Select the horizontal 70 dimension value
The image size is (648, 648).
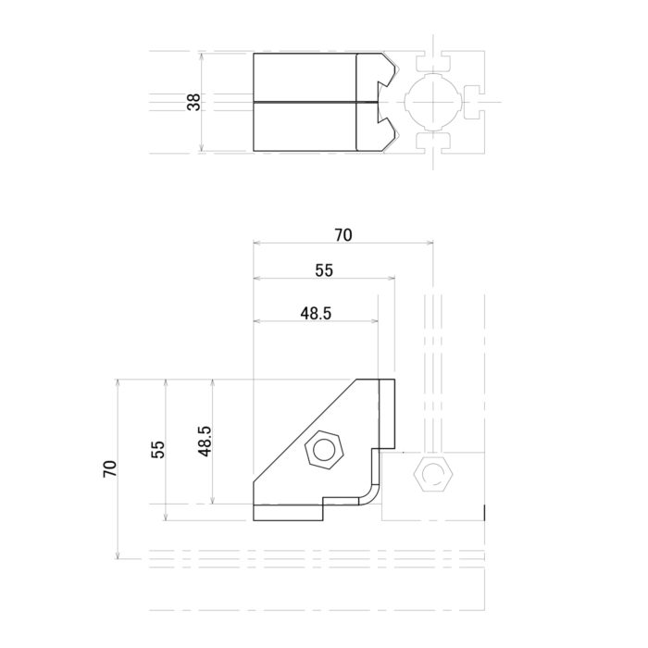[x=343, y=235]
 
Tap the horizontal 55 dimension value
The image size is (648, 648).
[x=323, y=270]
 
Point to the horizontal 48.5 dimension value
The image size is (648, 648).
[x=315, y=313]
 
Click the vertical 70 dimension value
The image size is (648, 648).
[x=110, y=468]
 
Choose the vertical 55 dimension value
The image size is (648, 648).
[x=157, y=449]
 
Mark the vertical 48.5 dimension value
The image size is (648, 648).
[x=205, y=441]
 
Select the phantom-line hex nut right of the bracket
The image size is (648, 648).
[x=431, y=476]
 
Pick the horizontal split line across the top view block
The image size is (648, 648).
[x=305, y=101]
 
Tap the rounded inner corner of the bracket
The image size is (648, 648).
[x=371, y=496]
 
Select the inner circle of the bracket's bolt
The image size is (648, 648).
[x=324, y=451]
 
